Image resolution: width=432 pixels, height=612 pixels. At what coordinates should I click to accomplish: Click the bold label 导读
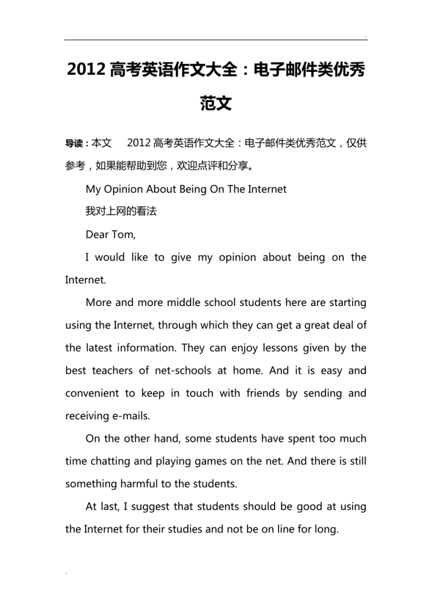[76, 143]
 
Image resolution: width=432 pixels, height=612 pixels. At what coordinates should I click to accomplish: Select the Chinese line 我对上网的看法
[121, 211]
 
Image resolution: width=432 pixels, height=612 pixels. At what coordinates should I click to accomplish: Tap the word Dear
[97, 234]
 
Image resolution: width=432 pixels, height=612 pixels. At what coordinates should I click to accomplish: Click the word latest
[100, 347]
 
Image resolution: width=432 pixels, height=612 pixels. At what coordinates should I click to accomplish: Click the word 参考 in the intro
[75, 166]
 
